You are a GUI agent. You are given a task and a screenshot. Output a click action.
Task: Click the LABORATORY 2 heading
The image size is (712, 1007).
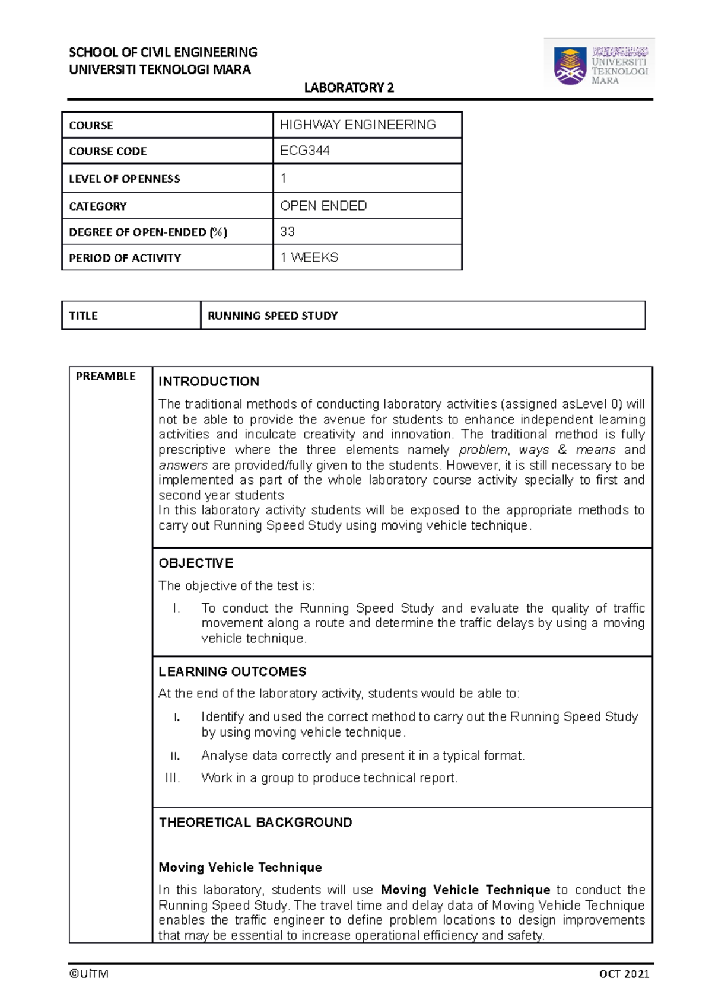(x=349, y=88)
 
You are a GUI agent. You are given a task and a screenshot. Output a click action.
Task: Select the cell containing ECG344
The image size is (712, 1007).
(x=305, y=151)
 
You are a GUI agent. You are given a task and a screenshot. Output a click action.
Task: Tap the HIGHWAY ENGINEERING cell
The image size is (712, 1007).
(x=358, y=125)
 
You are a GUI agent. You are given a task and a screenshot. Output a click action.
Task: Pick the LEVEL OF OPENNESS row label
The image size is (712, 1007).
(x=125, y=179)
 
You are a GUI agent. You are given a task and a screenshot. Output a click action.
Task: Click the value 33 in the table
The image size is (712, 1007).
(x=288, y=231)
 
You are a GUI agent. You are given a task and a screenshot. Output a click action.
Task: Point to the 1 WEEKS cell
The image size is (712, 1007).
(x=309, y=257)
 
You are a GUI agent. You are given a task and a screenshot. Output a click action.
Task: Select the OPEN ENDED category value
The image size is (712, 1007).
(x=323, y=206)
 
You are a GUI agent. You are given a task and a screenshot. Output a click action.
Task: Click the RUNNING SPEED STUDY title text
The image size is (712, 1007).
(x=272, y=316)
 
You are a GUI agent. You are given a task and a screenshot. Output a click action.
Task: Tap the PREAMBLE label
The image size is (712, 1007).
(x=106, y=376)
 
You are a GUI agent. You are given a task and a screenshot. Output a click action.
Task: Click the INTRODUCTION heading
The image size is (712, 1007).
(x=209, y=381)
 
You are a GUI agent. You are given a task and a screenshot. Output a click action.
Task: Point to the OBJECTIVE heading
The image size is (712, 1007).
(x=196, y=563)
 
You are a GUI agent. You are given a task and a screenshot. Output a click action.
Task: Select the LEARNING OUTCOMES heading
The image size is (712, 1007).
(x=233, y=671)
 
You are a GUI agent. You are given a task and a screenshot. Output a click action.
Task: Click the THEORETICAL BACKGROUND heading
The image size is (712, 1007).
(x=255, y=823)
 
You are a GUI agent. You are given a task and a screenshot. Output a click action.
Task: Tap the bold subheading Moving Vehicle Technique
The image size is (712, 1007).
(x=240, y=867)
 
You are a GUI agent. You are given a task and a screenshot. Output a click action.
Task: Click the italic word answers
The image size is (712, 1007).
(x=183, y=465)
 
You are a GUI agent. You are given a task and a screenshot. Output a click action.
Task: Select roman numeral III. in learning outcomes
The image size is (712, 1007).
(x=173, y=778)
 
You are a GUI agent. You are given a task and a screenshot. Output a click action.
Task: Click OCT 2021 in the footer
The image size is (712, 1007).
(x=624, y=974)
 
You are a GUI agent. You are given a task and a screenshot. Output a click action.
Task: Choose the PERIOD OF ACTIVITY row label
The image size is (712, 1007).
(x=125, y=258)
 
